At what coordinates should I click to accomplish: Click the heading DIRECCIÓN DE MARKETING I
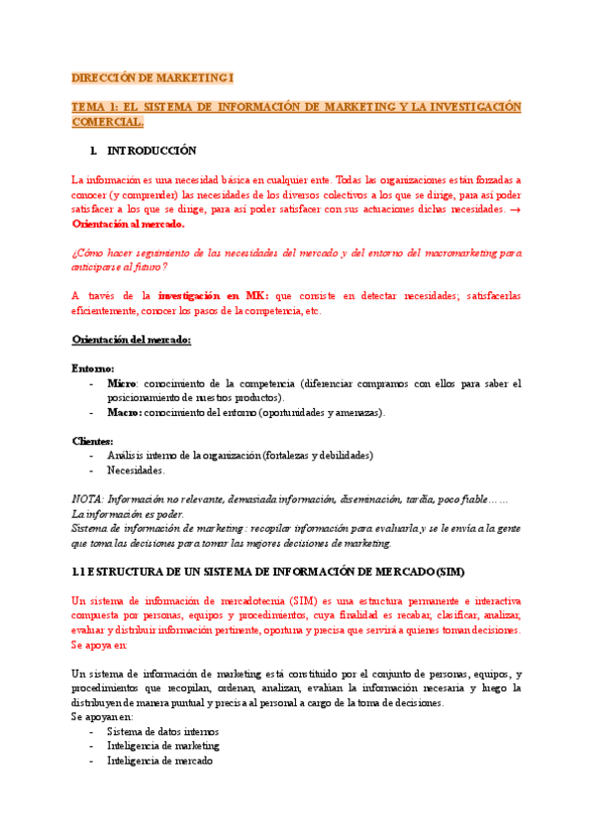[x=153, y=77]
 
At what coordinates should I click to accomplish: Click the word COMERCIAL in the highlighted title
[x=107, y=122]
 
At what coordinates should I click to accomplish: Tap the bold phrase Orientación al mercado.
[x=129, y=225]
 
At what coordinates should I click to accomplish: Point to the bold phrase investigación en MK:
[x=215, y=295]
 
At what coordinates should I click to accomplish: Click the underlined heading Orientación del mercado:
[x=133, y=340]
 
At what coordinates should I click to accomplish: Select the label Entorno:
[x=93, y=368]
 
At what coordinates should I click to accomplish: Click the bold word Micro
[x=122, y=382]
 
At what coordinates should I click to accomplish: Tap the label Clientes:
[x=94, y=441]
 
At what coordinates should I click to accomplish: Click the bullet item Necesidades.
[x=137, y=471]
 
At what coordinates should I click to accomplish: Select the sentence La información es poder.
[x=129, y=515]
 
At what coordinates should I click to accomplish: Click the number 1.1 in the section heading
[x=81, y=573]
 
